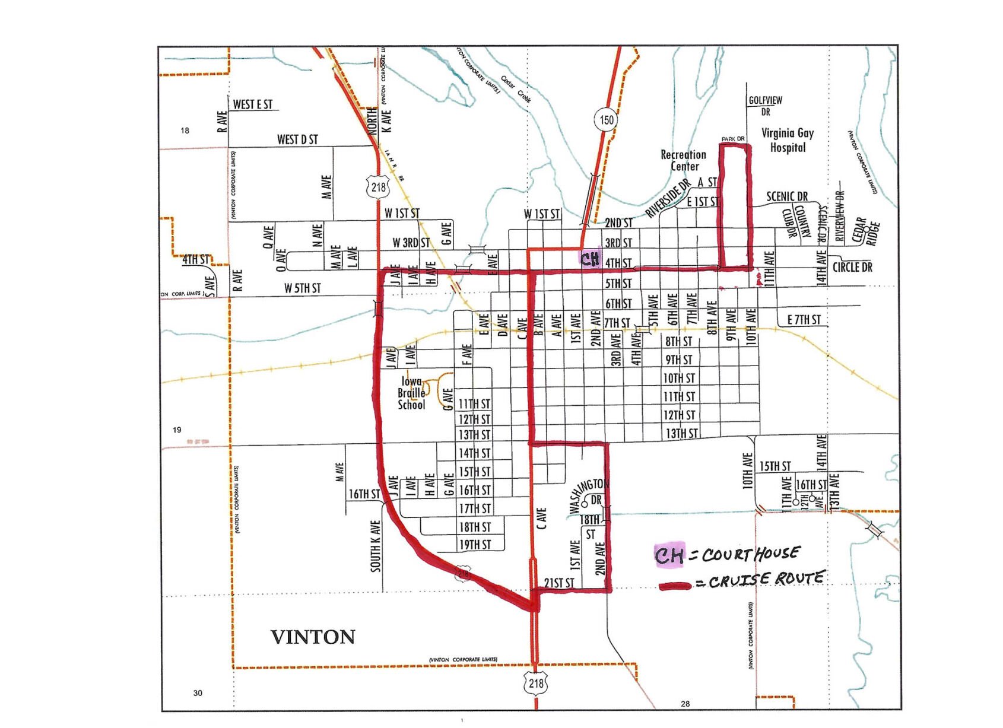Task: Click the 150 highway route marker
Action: (606, 120)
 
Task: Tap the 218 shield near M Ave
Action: (378, 187)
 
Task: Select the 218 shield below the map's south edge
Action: (536, 684)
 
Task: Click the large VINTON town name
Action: (313, 637)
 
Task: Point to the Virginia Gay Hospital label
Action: (787, 140)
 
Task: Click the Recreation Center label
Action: (684, 160)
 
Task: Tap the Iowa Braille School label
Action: (411, 393)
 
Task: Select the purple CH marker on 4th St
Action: (590, 259)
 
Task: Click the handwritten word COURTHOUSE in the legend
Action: (750, 554)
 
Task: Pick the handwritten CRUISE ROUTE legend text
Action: (766, 579)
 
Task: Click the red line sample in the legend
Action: (675, 586)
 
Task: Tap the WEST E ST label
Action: (252, 104)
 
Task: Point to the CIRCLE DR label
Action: (852, 267)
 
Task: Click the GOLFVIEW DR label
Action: (765, 106)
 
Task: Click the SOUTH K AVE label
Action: (375, 546)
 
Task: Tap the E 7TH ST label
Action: (804, 320)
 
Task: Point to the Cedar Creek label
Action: (515, 88)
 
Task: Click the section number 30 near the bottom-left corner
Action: (198, 692)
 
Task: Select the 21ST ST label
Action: (559, 583)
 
